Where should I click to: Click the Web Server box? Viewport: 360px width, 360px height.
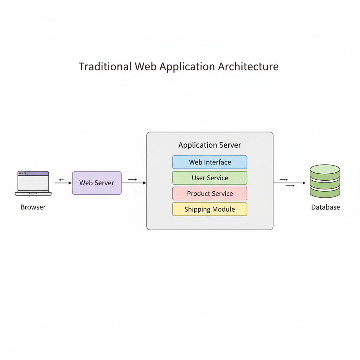pos(97,183)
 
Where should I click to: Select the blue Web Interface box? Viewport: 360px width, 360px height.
pos(210,162)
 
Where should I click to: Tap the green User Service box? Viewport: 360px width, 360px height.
pos(210,178)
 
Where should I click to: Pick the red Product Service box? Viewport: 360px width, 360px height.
pos(210,194)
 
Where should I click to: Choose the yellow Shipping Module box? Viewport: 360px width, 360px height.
pos(210,209)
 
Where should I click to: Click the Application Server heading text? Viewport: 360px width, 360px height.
pos(210,145)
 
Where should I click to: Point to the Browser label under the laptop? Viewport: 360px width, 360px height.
pos(33,207)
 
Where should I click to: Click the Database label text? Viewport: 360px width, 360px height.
pos(326,207)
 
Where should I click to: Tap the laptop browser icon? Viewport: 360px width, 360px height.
pos(33,183)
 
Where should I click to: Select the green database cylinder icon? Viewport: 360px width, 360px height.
pos(325,181)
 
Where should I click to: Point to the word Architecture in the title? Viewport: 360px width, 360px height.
pos(248,67)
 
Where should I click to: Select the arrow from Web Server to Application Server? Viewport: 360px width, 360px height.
pos(134,183)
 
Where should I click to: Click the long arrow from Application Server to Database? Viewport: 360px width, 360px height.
pos(290,183)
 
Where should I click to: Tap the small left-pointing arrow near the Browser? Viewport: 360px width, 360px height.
pos(62,180)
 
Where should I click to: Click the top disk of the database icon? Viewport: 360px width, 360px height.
pos(325,170)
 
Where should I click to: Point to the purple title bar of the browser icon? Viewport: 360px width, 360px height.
pos(33,173)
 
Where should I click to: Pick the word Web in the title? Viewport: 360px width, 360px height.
pos(146,67)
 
